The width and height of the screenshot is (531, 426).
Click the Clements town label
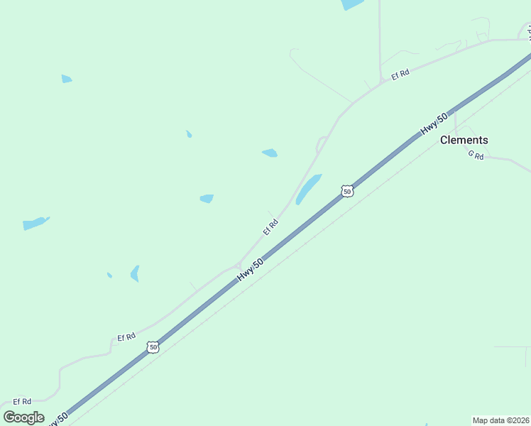464,140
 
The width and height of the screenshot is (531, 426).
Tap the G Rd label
476,155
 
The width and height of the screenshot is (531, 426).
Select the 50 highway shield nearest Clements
346,191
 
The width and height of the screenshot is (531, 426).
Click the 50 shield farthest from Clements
153,347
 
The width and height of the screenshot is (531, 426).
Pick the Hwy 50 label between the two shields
251,269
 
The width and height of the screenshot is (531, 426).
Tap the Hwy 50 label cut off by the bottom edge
56,420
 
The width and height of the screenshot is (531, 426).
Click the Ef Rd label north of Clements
401,73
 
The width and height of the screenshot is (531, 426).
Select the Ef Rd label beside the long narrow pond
270,226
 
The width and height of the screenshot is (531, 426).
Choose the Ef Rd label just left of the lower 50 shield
126,337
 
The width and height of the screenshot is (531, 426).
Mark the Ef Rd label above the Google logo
22,401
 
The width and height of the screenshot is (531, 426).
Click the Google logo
23,417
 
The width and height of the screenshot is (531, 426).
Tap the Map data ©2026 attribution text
500,420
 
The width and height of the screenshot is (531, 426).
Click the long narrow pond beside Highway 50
309,189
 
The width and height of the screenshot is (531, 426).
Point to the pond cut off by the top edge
352,4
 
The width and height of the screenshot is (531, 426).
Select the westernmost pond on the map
35,223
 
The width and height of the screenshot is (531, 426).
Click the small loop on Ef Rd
321,145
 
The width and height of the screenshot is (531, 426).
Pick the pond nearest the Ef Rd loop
270,153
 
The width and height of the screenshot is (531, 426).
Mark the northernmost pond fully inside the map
67,79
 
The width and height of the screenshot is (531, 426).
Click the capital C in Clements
444,140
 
